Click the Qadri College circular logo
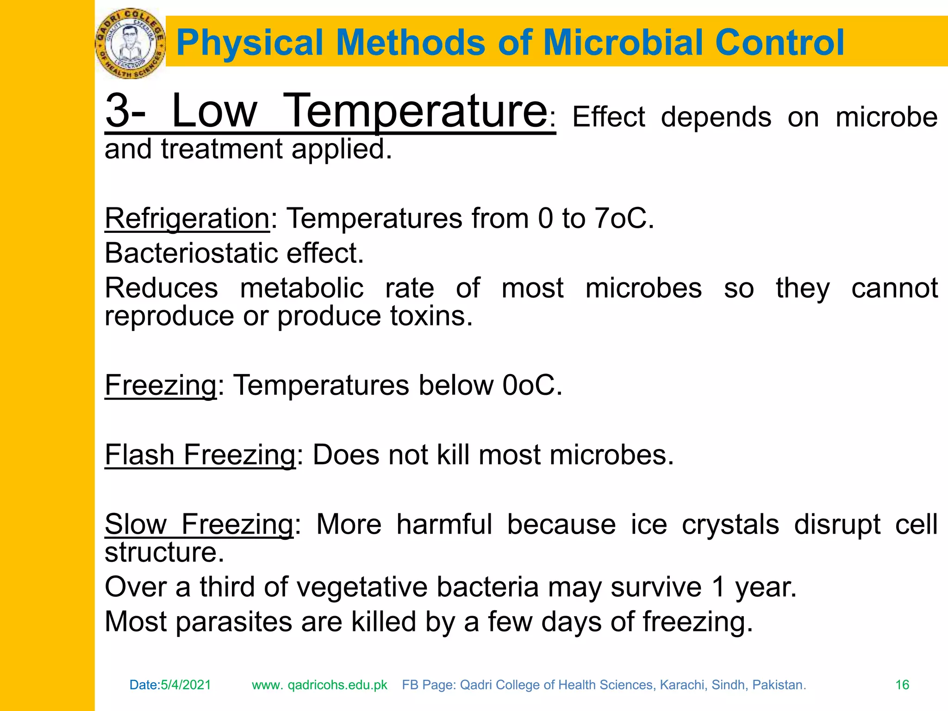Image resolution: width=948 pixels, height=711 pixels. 130,44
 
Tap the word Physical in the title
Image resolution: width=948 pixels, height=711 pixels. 250,43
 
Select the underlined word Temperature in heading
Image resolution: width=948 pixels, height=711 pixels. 415,111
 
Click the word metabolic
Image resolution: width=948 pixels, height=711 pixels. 302,288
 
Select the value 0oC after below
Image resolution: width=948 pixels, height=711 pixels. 532,385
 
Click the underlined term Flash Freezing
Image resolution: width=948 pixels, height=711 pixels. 200,455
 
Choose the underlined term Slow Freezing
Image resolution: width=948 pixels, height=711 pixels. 199,524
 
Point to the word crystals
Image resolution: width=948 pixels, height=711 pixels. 730,524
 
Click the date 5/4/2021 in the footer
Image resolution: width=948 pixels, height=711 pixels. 186,685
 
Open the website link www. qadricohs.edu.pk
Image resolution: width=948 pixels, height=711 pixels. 319,685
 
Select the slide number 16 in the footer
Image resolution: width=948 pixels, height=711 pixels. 902,685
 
